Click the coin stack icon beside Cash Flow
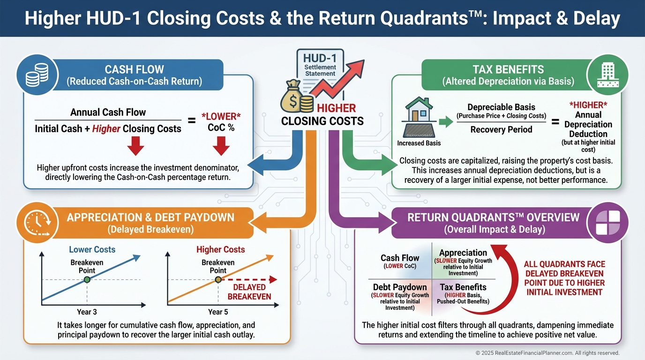tap(34, 74)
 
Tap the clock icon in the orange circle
tap(34, 223)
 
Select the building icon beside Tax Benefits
tap(606, 74)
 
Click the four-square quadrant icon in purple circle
tap(607, 222)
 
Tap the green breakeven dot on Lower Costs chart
tap(87, 280)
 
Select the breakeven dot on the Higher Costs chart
tap(218, 280)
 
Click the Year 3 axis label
tap(87, 312)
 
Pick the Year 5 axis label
tap(218, 312)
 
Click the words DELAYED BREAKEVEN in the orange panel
tap(249, 292)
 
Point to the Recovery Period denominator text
tap(501, 129)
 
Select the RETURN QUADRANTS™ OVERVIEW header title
tap(493, 217)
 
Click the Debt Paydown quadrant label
tap(400, 287)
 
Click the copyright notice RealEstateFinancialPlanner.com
tap(547, 353)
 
